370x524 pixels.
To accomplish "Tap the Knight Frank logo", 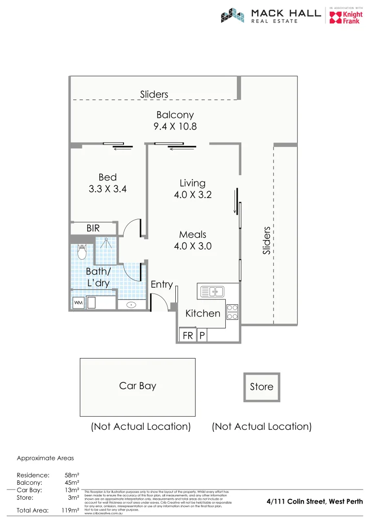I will click(345, 17).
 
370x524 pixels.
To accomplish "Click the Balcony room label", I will click(175, 115).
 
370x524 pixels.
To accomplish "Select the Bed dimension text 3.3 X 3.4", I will click(108, 189).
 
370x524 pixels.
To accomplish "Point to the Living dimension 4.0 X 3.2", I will click(193, 195).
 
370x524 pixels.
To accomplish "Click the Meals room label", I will click(193, 234).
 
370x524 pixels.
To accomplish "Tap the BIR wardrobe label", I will click(93, 228).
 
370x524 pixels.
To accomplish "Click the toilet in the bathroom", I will click(81, 252).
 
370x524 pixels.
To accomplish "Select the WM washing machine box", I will click(77, 303).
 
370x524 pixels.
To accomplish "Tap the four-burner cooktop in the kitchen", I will click(232, 311).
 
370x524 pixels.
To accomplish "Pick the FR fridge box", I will click(187, 335).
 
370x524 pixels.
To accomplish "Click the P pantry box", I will click(202, 335).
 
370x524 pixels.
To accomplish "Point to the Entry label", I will click(162, 285).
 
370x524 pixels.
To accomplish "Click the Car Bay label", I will click(138, 386).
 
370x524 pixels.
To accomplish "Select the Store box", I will click(262, 387).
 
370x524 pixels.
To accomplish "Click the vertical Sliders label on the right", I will click(266, 240).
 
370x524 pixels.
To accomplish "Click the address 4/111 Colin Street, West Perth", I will click(315, 502).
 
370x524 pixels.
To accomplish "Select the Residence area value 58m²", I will click(72, 475).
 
